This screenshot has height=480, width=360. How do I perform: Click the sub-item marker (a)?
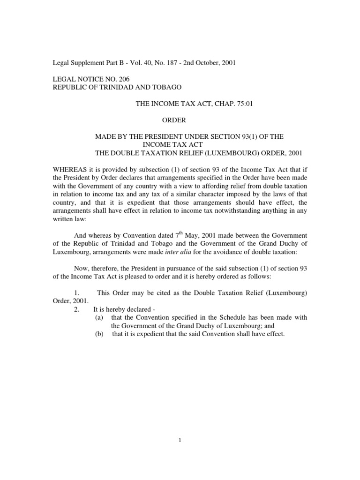point(99,317)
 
